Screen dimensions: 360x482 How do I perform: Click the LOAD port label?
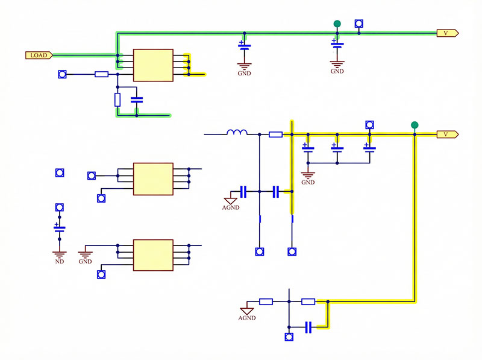[39, 55]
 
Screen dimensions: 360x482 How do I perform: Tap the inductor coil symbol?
[237, 133]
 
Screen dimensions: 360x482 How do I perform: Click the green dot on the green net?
[337, 24]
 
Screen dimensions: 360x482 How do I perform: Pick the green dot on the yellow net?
[414, 125]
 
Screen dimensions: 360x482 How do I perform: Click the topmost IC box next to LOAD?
[153, 65]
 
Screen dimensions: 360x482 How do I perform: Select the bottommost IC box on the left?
[153, 255]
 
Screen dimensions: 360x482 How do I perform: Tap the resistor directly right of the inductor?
[276, 134]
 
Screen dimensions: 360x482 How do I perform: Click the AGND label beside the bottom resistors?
[247, 317]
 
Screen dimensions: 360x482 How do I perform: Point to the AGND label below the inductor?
[231, 207]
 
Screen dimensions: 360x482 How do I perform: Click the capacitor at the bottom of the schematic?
[308, 327]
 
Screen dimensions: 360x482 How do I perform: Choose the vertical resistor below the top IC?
[117, 99]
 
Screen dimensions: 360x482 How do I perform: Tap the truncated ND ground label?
[59, 262]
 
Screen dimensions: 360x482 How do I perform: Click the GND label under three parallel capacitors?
[308, 182]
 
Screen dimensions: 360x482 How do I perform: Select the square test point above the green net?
[359, 24]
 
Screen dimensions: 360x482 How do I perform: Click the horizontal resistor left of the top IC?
[102, 75]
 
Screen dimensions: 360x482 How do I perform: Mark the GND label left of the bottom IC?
[85, 262]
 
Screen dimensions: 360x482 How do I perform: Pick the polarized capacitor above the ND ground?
[59, 229]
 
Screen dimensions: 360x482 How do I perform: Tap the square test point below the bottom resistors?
[288, 336]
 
